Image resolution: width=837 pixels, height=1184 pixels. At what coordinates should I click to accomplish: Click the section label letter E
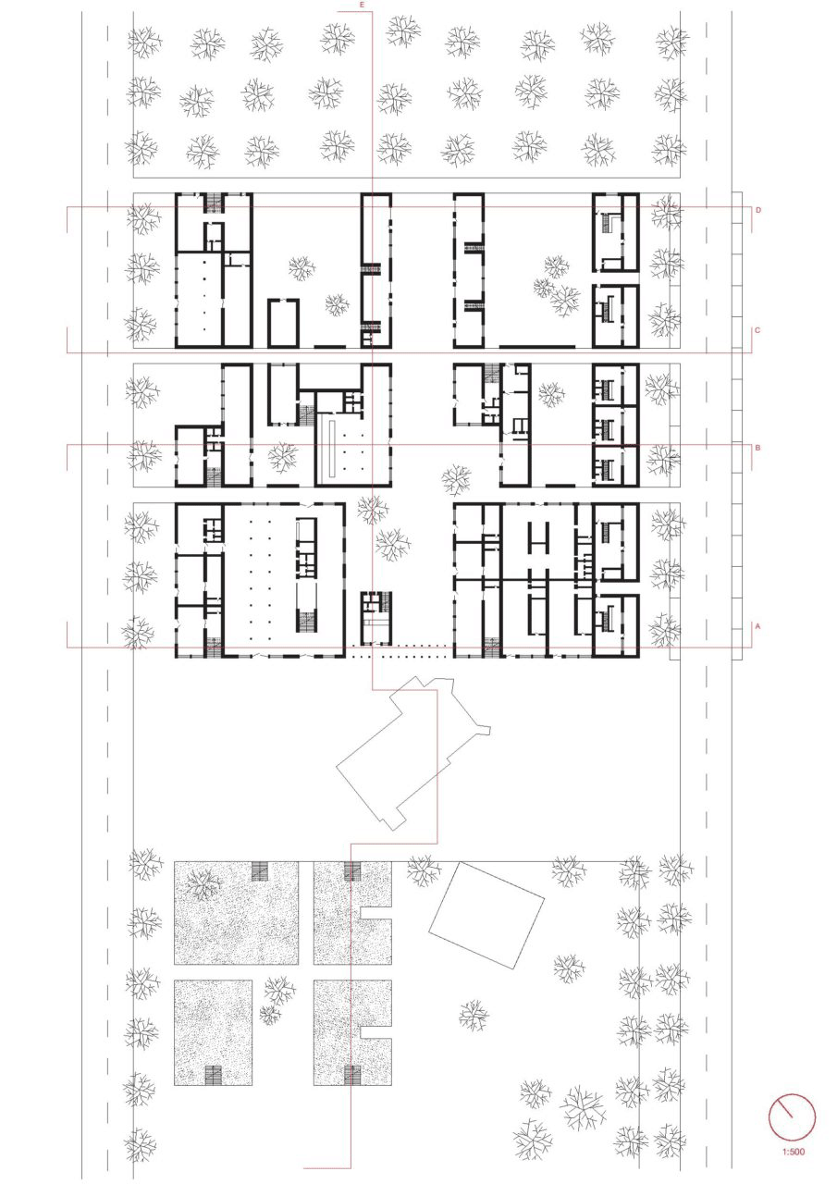pos(362,5)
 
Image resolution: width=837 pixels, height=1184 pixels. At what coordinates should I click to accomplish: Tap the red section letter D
pos(758,210)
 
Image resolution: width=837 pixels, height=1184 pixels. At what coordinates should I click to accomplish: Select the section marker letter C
pos(757,330)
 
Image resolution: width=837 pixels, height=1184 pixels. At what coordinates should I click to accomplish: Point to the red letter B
pos(757,448)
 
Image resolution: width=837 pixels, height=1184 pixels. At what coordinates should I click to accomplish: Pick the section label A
pos(757,626)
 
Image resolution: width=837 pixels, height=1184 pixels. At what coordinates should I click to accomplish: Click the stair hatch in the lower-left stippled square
pos(213,1076)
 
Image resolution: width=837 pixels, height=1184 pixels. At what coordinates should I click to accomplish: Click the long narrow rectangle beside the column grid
pos(331,447)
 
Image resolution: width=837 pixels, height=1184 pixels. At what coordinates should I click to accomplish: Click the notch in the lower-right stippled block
pos(376,1032)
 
